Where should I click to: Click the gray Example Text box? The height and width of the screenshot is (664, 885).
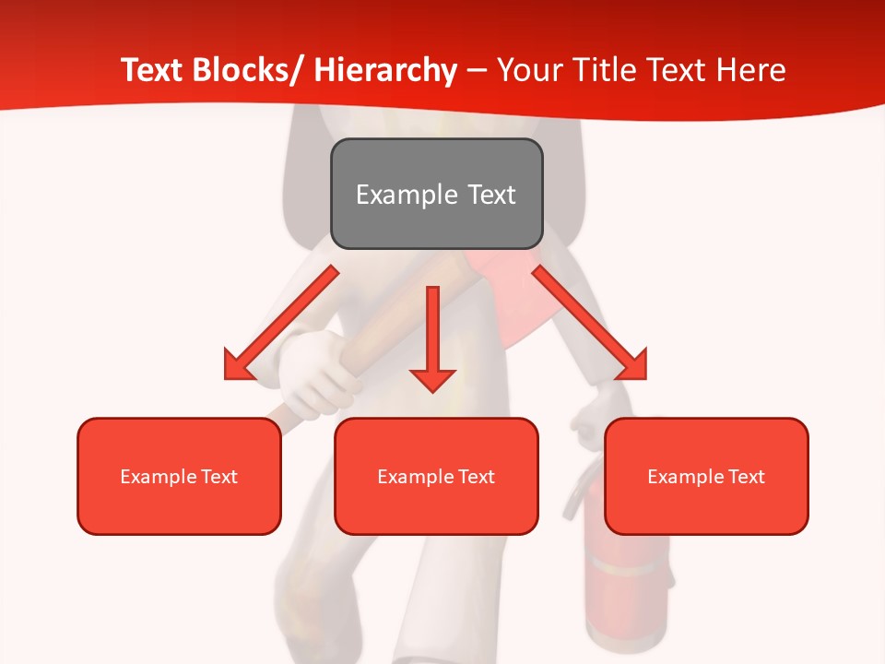[x=436, y=194]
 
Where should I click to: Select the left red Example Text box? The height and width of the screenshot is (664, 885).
[x=179, y=476]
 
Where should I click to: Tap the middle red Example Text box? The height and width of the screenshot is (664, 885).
[x=436, y=476]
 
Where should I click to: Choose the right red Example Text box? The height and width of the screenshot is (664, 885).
[x=706, y=476]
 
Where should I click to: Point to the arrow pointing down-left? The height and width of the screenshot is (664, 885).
[x=281, y=323]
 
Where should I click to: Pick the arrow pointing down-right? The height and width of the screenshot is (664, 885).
[x=590, y=323]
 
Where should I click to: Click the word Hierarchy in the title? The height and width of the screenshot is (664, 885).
[x=384, y=70]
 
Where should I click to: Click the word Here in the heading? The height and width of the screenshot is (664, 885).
[x=752, y=70]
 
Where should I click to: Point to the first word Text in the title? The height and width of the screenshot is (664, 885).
[x=153, y=70]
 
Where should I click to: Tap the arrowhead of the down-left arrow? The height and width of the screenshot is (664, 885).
[x=238, y=366]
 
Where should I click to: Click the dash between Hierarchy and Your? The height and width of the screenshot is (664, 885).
[x=477, y=70]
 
